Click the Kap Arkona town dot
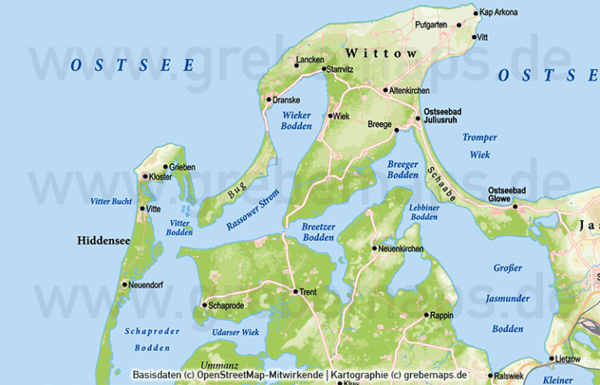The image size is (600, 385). [x=476, y=12]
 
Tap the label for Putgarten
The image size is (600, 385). [x=431, y=25]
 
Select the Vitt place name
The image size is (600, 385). [x=482, y=37]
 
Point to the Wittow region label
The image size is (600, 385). [x=381, y=53]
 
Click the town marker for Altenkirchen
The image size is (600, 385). [x=385, y=90]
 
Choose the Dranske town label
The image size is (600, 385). [x=287, y=100]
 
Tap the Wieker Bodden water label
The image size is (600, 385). [x=296, y=120]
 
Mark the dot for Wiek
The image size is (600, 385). [x=330, y=116]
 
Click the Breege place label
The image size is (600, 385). [x=380, y=124]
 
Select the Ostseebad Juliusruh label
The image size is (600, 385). [x=442, y=116]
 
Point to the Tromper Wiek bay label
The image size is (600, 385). [x=479, y=146]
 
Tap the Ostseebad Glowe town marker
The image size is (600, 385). [x=515, y=206]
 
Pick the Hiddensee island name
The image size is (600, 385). [x=104, y=241]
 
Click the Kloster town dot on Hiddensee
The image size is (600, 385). [x=145, y=176]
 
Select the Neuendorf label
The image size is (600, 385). [x=146, y=284]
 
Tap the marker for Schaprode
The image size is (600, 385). [x=204, y=305]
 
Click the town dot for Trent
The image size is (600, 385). [x=294, y=292]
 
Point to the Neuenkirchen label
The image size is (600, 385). [x=402, y=249]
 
